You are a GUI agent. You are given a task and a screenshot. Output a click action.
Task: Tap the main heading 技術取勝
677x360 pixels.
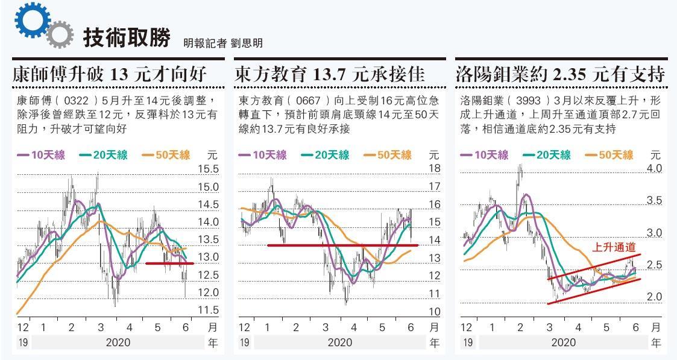(x=127, y=37)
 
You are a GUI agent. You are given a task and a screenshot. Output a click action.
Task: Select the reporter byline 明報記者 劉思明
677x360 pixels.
(x=223, y=43)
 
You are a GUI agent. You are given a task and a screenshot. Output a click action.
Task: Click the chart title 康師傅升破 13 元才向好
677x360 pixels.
(x=110, y=75)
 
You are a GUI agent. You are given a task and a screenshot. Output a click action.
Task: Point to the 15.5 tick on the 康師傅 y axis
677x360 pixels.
(x=208, y=169)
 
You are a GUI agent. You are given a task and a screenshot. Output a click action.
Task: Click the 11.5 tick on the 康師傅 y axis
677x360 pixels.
(x=208, y=310)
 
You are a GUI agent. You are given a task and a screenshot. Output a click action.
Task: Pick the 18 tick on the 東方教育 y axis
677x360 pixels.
(x=434, y=168)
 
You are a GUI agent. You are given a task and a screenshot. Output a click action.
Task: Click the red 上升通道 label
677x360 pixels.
(x=614, y=247)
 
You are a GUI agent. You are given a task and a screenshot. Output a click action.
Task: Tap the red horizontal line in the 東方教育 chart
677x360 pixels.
(x=338, y=245)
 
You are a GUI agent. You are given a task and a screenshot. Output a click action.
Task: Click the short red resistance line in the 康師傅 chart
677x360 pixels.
(x=169, y=264)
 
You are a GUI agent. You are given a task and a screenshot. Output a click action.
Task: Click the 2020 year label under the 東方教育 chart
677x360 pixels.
(x=339, y=343)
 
